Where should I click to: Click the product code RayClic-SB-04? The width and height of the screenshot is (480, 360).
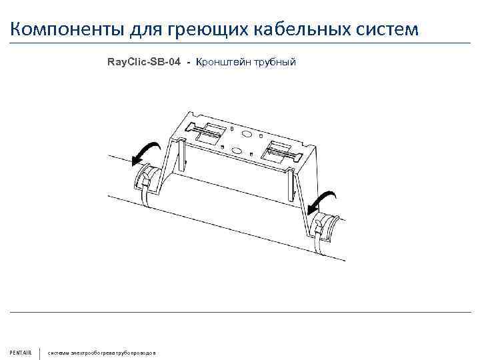click(143, 62)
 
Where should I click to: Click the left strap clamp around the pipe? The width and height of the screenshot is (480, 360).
click(147, 180)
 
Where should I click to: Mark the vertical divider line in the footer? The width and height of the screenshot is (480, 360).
click(41, 351)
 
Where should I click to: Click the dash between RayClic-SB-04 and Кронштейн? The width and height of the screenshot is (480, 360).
click(189, 63)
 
